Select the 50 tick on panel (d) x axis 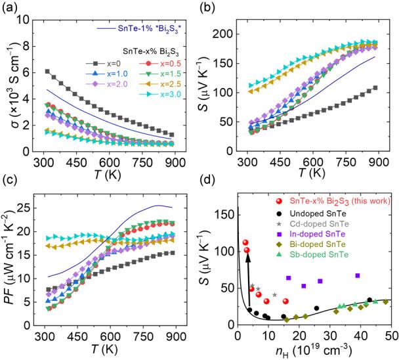(390, 335)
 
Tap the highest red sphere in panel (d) (245, 242)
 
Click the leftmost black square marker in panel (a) (47, 71)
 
